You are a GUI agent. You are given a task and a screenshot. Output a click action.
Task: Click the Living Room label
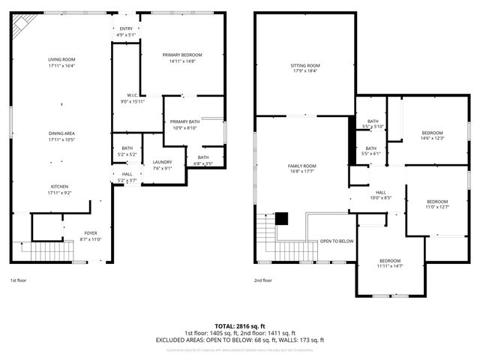pos(61,59)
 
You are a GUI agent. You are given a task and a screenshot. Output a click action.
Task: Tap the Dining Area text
pos(61,133)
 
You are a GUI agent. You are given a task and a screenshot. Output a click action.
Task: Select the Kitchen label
pos(61,187)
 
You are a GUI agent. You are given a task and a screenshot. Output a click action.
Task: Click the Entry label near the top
pos(126,28)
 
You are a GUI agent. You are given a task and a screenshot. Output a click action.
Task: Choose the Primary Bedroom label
pos(182,55)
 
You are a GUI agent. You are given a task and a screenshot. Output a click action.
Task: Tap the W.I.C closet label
pos(132,95)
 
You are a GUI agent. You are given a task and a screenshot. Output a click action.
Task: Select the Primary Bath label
pos(184,121)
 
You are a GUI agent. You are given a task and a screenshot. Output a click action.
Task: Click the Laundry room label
pos(162,162)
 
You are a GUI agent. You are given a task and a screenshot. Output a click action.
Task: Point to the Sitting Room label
pos(305,65)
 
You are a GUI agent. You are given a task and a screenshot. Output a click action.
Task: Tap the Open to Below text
pos(337,241)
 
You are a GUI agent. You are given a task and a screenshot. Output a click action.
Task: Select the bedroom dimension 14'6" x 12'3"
pos(432,138)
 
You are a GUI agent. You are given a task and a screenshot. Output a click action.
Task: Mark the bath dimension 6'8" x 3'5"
pos(203,163)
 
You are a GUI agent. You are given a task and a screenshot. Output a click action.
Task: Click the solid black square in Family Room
pos(281,218)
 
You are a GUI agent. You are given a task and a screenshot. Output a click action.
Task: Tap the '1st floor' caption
pos(19,280)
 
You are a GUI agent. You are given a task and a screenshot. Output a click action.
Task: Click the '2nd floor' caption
pos(262,280)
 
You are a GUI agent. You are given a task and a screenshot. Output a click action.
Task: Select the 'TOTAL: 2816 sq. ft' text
pos(240,327)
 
